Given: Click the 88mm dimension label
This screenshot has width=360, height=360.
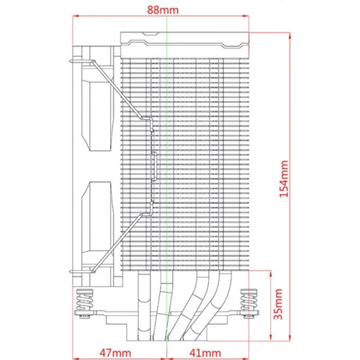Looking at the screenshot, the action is tap(163, 10).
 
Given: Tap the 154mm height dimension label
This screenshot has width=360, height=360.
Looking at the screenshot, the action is tap(284, 179).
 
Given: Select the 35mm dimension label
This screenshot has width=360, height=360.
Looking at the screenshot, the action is tap(279, 304).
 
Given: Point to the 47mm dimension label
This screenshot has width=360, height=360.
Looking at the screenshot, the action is tap(115, 353).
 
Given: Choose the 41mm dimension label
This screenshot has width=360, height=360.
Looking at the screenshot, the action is tap(205, 353).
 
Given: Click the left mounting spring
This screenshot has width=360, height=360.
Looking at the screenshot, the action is tap(84, 300).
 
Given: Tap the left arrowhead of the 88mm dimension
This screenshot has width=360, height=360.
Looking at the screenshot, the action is tap(76, 17).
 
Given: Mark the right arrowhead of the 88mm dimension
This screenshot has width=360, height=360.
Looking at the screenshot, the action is tap(246, 17).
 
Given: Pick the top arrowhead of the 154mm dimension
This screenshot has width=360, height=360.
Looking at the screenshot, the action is tap(290, 36).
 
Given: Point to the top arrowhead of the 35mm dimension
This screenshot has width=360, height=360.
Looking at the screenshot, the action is tap(271, 274).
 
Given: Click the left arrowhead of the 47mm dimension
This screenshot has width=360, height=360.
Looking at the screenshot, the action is tap(76, 359).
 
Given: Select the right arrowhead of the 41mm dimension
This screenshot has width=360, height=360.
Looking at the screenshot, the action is tap(246, 359).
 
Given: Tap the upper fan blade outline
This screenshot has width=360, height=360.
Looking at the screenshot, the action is tap(97, 109).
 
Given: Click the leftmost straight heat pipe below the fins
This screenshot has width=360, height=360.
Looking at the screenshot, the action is tap(144, 306).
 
